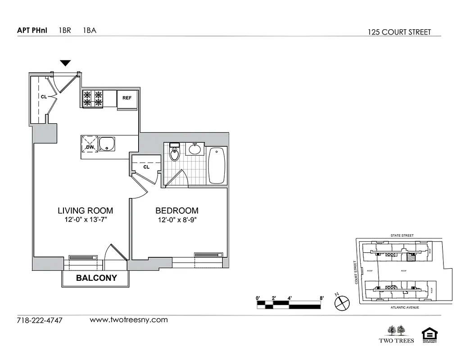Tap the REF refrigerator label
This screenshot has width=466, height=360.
127,98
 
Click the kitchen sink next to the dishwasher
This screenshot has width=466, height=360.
107,144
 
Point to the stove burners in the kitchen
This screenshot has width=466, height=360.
93,99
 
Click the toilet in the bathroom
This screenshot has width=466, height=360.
174,153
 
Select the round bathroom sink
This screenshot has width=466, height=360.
195,149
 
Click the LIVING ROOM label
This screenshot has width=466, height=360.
85,211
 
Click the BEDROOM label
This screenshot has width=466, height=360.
177,211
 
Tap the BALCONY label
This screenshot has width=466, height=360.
96,278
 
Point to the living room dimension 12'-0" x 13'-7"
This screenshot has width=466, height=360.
85,220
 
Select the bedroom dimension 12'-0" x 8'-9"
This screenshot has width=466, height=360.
177,220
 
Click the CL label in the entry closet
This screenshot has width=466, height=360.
44,97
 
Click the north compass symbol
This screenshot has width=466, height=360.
342,302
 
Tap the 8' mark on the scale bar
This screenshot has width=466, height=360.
321,298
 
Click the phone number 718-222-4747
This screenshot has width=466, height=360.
40,321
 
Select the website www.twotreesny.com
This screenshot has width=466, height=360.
129,320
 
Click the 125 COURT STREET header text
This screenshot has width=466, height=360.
399,32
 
